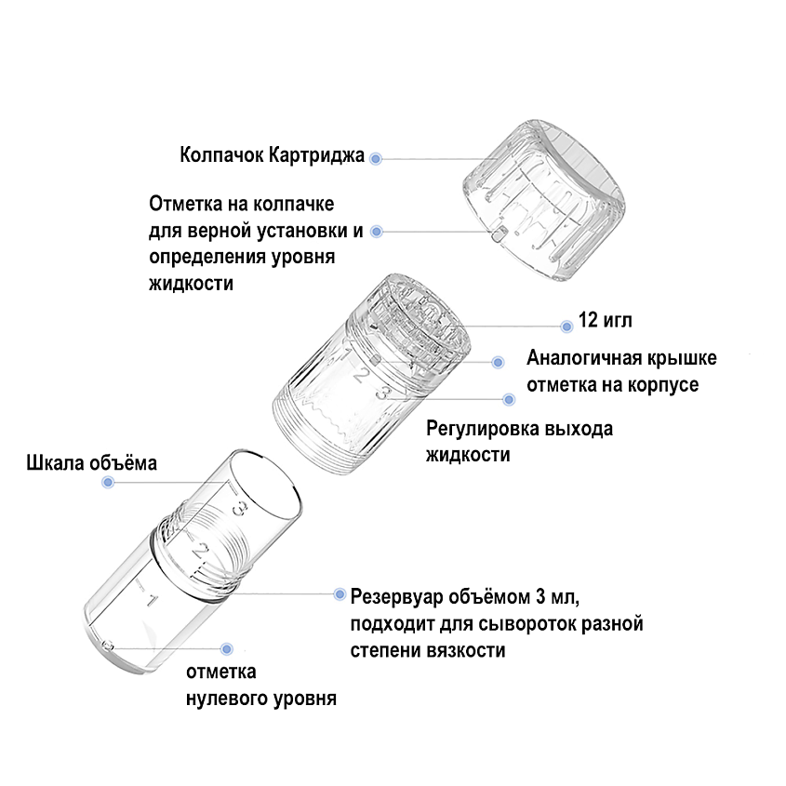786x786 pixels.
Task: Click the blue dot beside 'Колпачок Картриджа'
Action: coord(376,159)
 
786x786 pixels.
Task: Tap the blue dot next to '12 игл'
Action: coord(566,326)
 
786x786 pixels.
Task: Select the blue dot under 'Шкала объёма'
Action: coord(108,482)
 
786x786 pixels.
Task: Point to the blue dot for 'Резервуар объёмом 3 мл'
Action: coord(340,594)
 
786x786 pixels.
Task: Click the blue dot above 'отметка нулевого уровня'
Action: coord(227,649)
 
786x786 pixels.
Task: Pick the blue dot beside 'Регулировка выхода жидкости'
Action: coord(509,400)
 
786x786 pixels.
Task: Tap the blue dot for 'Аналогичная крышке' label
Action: coord(498,362)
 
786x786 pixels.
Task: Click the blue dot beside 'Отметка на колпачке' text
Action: coord(376,232)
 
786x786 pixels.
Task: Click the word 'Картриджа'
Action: coord(316,155)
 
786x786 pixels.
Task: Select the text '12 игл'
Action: coord(605,320)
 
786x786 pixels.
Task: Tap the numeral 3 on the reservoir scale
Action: coord(240,508)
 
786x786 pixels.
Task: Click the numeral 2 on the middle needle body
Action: coord(362,375)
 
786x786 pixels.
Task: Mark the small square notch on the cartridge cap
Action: coord(499,233)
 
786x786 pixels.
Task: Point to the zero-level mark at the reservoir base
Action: coord(107,646)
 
